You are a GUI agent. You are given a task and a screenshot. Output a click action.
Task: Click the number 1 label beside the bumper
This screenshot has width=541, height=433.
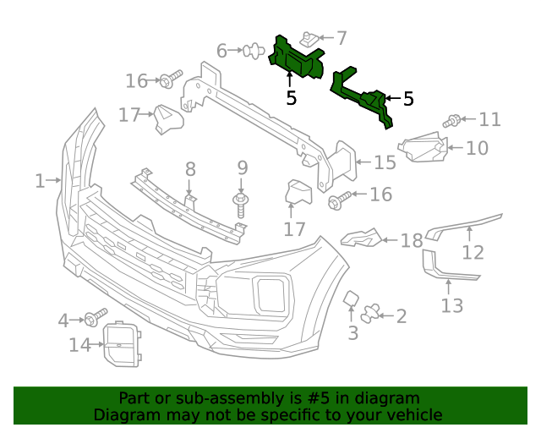(39, 180)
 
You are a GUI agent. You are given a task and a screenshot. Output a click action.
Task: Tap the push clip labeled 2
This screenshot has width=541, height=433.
(370, 315)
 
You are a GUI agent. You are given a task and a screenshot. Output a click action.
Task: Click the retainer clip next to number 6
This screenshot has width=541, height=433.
(251, 52)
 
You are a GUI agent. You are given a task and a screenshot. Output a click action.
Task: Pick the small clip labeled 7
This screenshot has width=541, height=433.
(309, 39)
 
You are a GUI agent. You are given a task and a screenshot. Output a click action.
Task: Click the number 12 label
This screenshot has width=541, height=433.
(473, 251)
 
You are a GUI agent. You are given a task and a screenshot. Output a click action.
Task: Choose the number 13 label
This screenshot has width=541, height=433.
(452, 304)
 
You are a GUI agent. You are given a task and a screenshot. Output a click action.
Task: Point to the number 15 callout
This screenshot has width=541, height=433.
(385, 162)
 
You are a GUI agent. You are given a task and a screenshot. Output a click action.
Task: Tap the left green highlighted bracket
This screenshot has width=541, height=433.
(296, 61)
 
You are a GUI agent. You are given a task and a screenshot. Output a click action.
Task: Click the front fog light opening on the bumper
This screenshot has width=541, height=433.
(271, 294)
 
